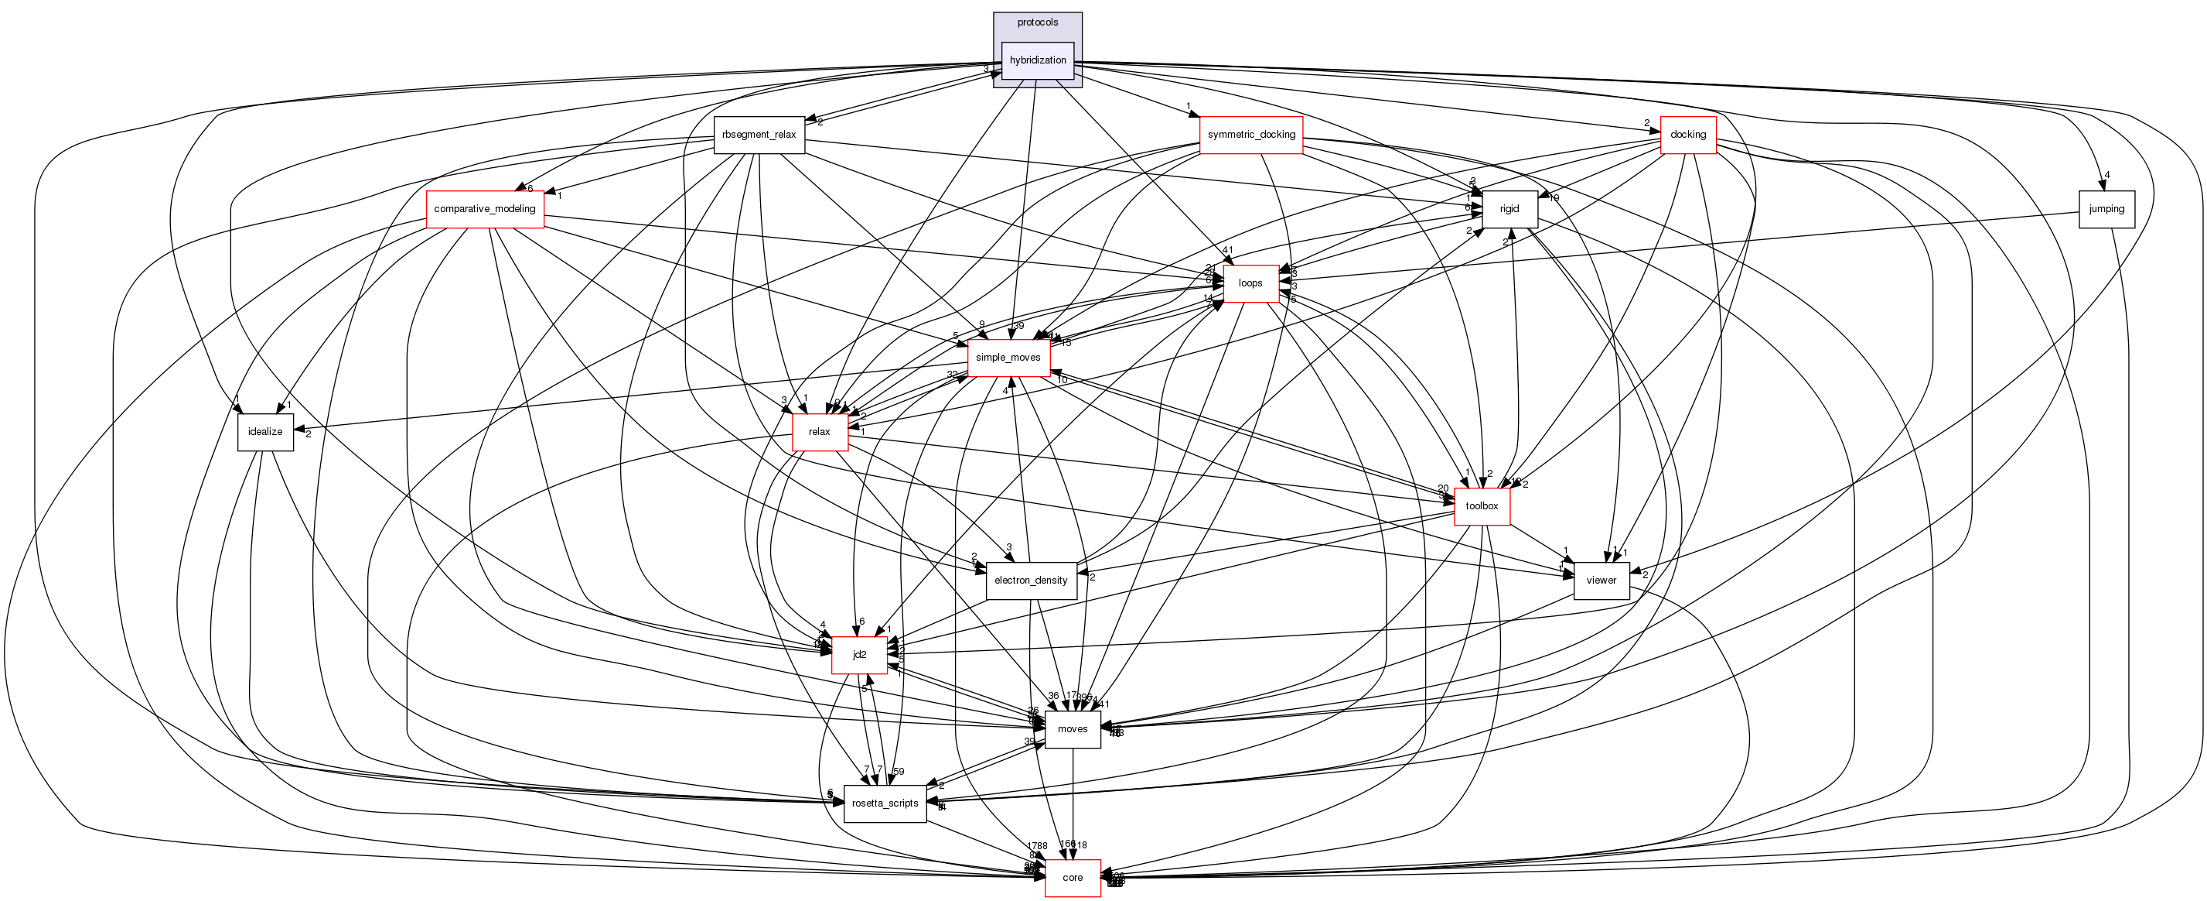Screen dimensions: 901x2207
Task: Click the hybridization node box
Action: click(x=1038, y=61)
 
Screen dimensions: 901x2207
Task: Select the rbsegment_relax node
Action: click(x=759, y=135)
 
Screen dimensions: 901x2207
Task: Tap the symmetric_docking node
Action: click(x=1251, y=135)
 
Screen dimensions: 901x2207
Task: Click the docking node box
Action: click(x=1688, y=135)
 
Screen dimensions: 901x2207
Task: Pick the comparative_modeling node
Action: click(x=485, y=209)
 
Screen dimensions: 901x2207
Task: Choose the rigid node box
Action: click(x=1509, y=209)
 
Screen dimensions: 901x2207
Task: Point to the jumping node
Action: click(x=2106, y=209)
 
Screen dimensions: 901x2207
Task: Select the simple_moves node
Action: click(x=1008, y=358)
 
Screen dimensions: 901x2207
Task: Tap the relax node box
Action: click(x=819, y=432)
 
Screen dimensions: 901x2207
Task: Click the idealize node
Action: click(x=265, y=432)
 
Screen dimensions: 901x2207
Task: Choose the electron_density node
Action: click(x=1031, y=581)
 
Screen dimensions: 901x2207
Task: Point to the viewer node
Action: click(x=1601, y=581)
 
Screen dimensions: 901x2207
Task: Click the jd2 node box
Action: click(x=859, y=655)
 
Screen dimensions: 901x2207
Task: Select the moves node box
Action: click(x=1073, y=729)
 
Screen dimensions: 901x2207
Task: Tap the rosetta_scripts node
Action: click(x=885, y=803)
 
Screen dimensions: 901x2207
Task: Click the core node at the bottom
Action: click(x=1073, y=878)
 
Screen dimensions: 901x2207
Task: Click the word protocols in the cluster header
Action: click(x=1038, y=22)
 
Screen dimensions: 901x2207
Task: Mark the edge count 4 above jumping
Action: click(x=2106, y=175)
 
